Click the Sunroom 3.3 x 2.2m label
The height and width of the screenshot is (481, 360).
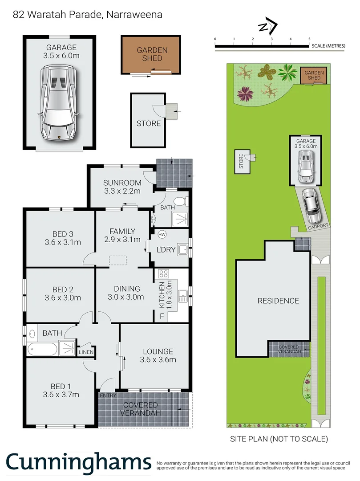click(122, 187)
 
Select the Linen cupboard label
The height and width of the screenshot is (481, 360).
click(86, 352)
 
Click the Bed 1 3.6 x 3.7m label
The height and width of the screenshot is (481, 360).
click(61, 390)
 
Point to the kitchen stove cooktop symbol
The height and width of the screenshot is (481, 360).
click(163, 274)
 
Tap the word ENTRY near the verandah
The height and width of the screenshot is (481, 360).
click(108, 395)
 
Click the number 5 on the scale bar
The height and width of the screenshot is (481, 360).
click(310, 40)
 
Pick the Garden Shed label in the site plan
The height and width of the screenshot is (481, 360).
click(314, 75)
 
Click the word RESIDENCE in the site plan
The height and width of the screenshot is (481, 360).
click(278, 301)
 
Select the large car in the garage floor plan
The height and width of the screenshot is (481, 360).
click(60, 102)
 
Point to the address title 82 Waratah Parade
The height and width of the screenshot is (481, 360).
click(88, 15)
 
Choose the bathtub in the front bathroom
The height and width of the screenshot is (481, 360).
click(42, 349)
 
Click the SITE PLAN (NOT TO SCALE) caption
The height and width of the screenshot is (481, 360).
click(279, 439)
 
